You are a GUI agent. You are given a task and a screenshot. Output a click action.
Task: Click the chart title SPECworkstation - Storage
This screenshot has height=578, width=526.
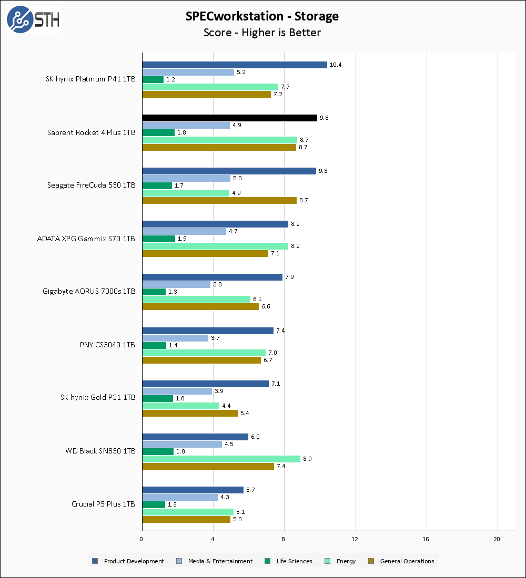pyautogui.click(x=262, y=16)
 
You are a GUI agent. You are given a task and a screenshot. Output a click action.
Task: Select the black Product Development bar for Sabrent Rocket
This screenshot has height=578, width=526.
pyautogui.click(x=229, y=118)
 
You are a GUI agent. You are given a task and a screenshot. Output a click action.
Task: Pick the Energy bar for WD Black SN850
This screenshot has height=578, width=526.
pyautogui.click(x=221, y=459)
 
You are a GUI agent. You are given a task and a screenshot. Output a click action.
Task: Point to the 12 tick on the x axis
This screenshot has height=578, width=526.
pyautogui.click(x=355, y=539)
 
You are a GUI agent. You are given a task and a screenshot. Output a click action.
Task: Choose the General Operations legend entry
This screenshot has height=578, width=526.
pyautogui.click(x=402, y=561)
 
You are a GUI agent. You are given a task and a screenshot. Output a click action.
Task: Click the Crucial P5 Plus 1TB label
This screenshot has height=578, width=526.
pyautogui.click(x=103, y=504)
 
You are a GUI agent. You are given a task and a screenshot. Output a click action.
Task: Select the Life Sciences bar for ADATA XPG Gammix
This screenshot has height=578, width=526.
pyautogui.click(x=158, y=239)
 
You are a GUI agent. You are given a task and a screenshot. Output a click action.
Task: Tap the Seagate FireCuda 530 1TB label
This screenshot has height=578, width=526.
pyautogui.click(x=92, y=185)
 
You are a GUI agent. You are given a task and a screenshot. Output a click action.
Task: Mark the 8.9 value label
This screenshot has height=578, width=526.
pyautogui.click(x=307, y=459)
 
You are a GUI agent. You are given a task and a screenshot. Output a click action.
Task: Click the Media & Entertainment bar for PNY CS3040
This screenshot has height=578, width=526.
pyautogui.click(x=175, y=338)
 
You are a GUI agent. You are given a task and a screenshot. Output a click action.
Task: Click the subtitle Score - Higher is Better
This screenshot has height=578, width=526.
pyautogui.click(x=262, y=33)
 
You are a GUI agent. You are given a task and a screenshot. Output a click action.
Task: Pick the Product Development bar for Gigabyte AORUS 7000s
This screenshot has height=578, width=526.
pyautogui.click(x=212, y=277)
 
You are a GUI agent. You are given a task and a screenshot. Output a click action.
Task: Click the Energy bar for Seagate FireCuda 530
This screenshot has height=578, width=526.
pyautogui.click(x=186, y=193)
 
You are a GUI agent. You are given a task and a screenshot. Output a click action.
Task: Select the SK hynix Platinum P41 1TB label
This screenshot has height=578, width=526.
pyautogui.click(x=90, y=79)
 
